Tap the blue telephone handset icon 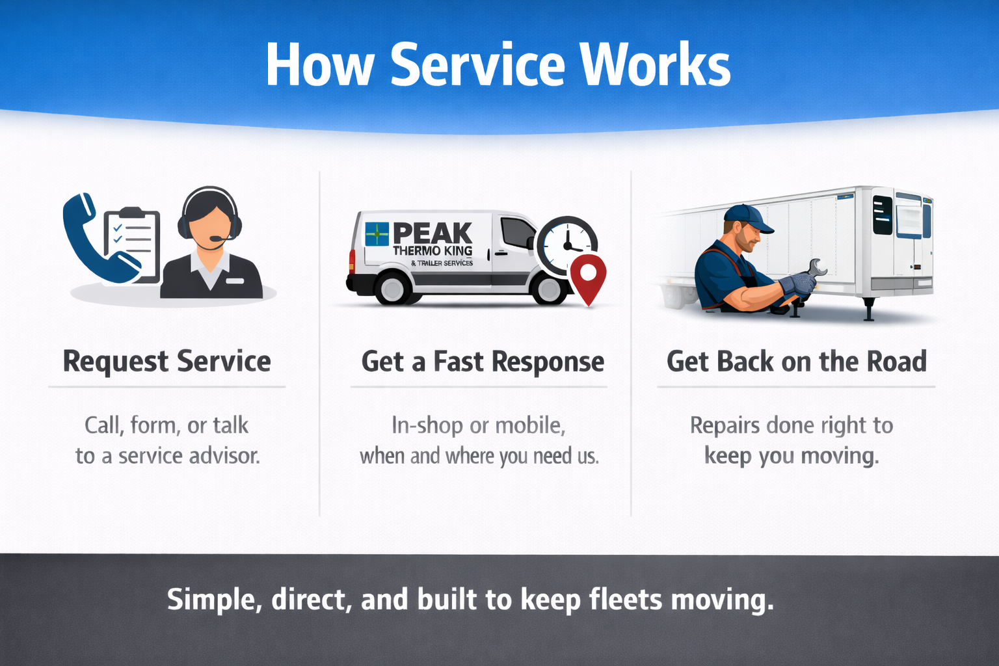91,241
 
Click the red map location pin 588,276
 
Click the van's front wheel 548,289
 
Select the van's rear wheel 392,289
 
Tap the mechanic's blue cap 748,218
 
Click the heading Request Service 166,362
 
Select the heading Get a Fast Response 483,362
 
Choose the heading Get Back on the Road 797,362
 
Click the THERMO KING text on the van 433,251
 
